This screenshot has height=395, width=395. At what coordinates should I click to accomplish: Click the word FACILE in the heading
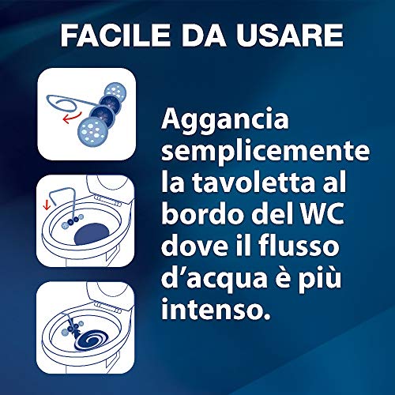pyautogui.click(x=115, y=35)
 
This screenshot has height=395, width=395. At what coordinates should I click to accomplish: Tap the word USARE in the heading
pyautogui.click(x=289, y=35)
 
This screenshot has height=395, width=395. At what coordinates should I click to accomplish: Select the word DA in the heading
pyautogui.click(x=203, y=35)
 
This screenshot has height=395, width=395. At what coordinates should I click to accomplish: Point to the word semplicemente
pyautogui.click(x=265, y=152)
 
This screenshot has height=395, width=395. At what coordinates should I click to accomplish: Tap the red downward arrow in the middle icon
pyautogui.click(x=47, y=205)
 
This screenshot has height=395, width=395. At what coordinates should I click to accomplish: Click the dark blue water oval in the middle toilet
pyautogui.click(x=92, y=235)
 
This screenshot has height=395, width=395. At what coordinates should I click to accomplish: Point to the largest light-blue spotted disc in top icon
pyautogui.click(x=92, y=133)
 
